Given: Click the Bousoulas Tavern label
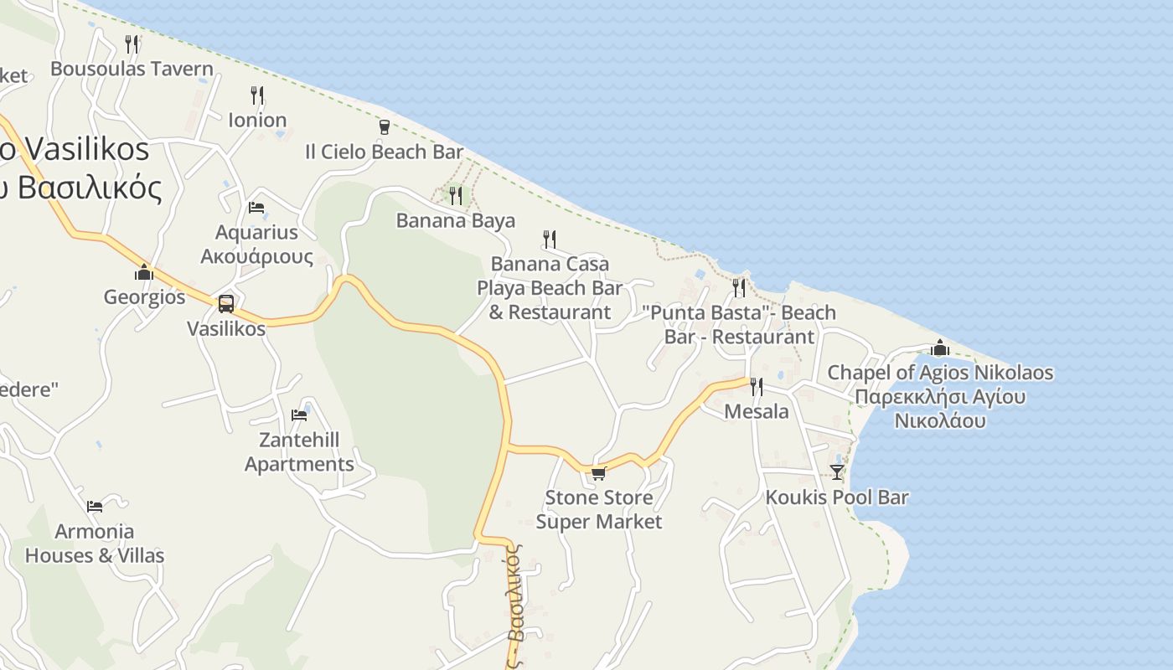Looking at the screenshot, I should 132,69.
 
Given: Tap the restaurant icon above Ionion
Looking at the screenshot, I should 257,95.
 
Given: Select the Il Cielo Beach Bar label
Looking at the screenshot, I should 384,152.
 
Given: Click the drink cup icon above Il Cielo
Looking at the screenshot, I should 384,127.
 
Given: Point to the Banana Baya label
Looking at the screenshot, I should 455,220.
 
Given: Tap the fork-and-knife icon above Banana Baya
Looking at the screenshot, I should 455,196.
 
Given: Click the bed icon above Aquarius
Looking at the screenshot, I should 256,208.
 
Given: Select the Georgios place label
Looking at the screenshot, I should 144,296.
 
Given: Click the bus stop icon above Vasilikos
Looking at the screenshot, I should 225,304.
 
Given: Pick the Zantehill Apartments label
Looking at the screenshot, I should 299,451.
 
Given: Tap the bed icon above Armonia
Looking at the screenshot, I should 95,506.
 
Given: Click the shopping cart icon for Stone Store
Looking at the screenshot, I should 598,473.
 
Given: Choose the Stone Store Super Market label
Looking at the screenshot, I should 598,509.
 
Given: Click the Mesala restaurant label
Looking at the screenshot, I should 756,411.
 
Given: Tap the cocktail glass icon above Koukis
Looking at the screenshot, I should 836,472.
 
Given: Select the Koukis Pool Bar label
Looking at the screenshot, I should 836,497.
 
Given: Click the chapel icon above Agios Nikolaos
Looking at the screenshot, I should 940,348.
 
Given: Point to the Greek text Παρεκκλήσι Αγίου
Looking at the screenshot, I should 940,396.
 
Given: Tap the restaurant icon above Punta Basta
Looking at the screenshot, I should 738,288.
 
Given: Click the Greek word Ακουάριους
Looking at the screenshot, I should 256,256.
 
